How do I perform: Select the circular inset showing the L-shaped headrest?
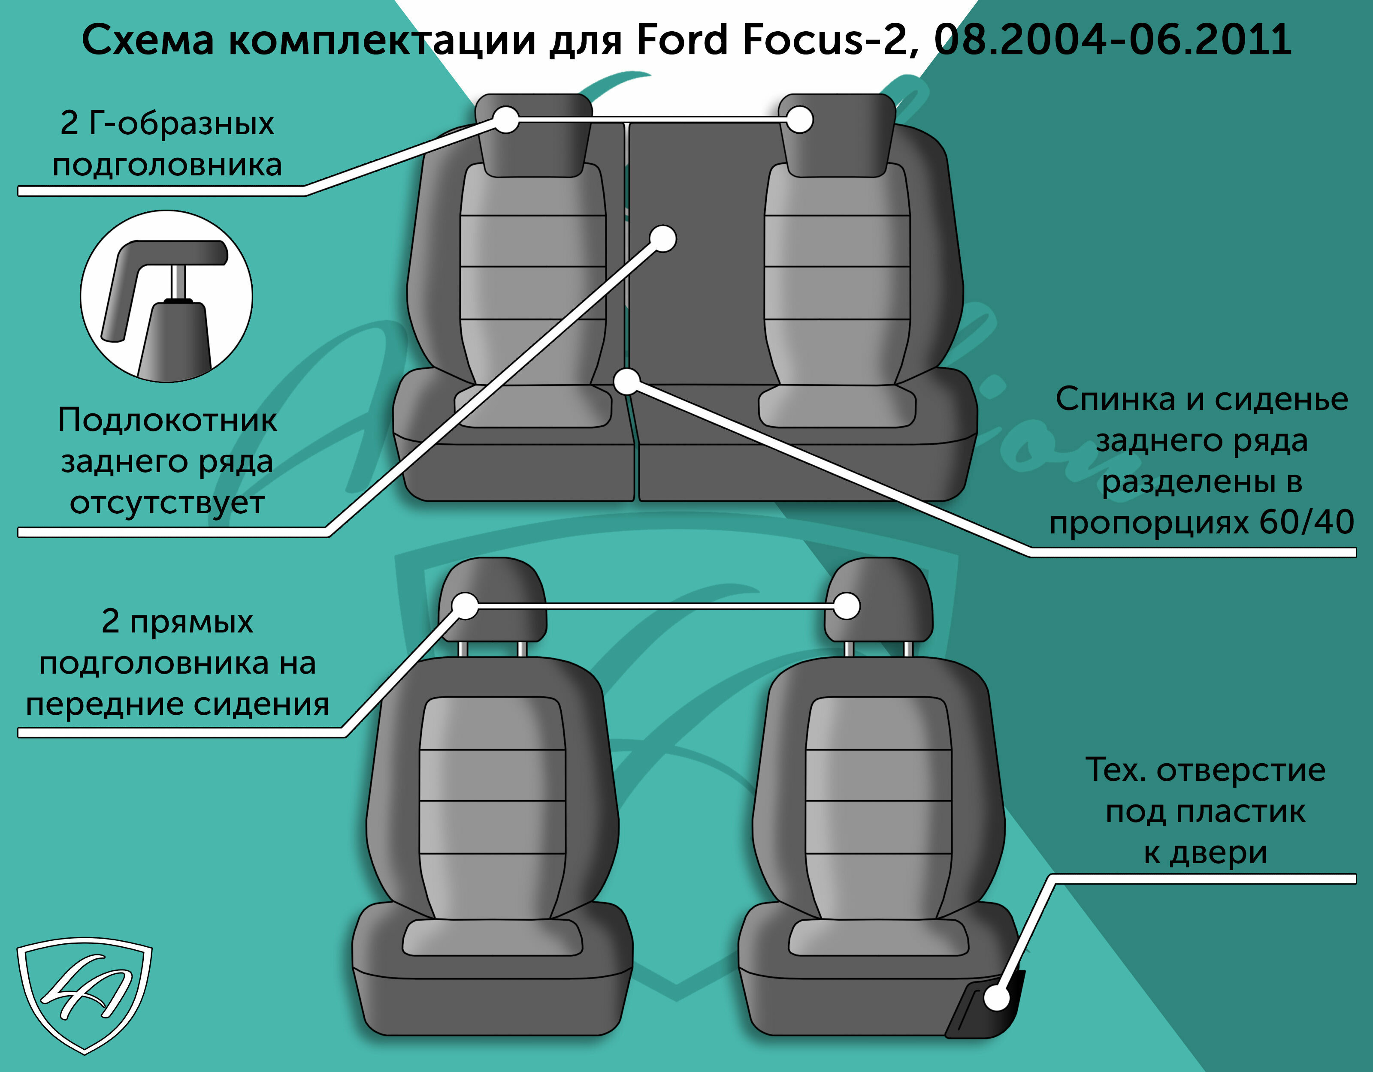166,296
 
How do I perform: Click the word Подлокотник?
167,420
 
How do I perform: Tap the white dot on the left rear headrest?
506,119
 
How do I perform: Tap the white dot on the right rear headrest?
800,119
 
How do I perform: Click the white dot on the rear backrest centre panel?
662,239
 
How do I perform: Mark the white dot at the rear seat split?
627,382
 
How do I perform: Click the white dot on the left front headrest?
465,606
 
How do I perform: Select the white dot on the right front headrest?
847,606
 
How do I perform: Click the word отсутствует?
167,503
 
